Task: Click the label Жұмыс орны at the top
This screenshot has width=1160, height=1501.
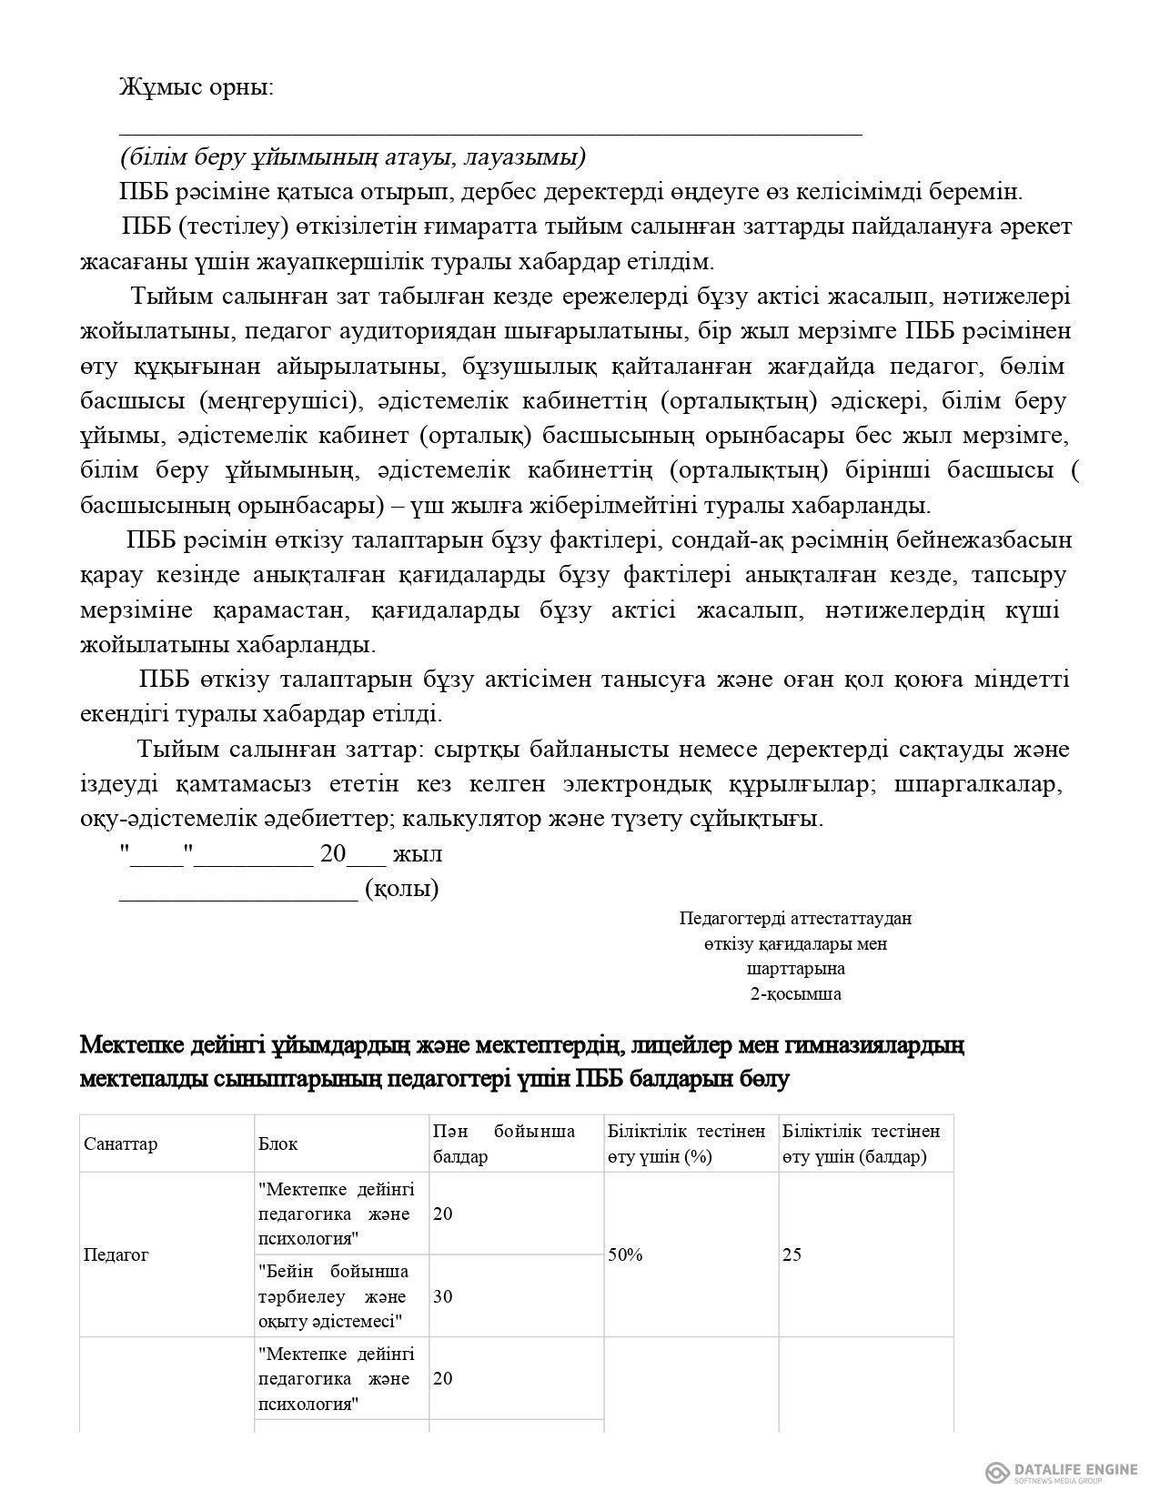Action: (x=196, y=88)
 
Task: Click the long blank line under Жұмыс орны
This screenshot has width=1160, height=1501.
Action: (x=490, y=134)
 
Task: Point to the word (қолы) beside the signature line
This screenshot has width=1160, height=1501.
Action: (x=402, y=889)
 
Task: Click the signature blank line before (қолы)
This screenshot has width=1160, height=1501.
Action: (x=238, y=895)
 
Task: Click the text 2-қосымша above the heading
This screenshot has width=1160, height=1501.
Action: (x=795, y=993)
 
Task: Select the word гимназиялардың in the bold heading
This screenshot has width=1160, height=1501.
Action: (x=879, y=1045)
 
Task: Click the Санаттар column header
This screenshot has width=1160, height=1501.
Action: (x=120, y=1143)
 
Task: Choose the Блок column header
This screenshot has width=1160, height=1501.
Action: (x=277, y=1143)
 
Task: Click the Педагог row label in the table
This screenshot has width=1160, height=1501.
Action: (x=116, y=1254)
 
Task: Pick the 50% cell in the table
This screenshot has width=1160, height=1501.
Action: (x=625, y=1254)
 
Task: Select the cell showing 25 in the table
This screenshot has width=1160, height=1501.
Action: (x=792, y=1254)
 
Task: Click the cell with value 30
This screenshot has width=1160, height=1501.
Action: (x=443, y=1296)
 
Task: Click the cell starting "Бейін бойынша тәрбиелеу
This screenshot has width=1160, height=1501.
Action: (x=333, y=1296)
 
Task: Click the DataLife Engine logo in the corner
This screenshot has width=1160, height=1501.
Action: (x=1061, y=1472)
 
